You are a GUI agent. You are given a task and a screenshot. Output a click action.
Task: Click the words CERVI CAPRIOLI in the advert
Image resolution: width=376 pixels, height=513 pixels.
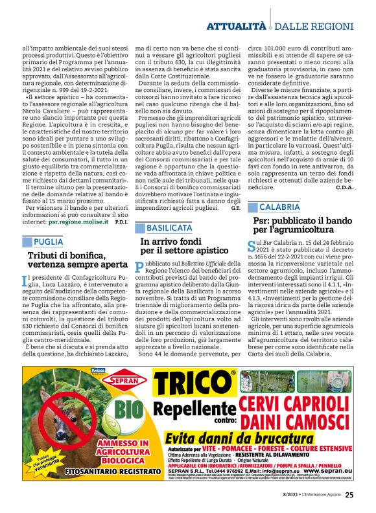(x=298, y=402)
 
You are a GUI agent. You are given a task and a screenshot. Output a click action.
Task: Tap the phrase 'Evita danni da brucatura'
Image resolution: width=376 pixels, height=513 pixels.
(x=248, y=439)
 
